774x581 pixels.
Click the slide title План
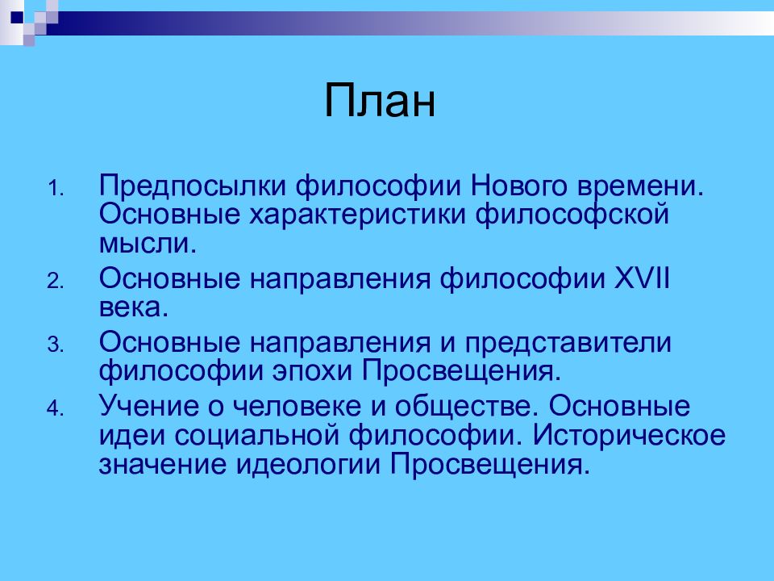point(380,101)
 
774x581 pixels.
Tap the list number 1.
point(56,189)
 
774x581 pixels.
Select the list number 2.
point(56,282)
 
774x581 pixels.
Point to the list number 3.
point(56,345)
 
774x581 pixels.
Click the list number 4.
point(56,408)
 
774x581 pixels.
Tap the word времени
point(640,186)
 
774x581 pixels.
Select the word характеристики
point(357,215)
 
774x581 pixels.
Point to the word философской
point(572,215)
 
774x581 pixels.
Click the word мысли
point(148,244)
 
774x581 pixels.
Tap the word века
point(134,307)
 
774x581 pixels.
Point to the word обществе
point(467,406)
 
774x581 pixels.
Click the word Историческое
point(629,436)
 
